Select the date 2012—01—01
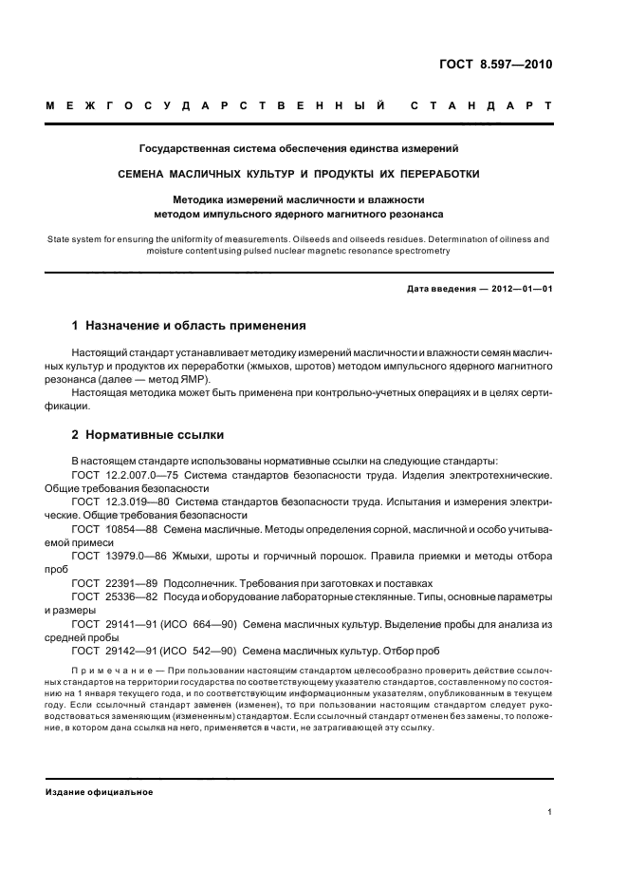click(518, 289)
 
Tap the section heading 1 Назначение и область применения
click(189, 326)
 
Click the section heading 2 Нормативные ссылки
click(147, 435)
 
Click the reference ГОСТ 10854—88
click(115, 528)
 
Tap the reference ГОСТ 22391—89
click(115, 582)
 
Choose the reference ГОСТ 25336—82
click(115, 596)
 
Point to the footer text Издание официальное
click(99, 791)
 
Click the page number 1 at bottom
click(550, 812)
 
